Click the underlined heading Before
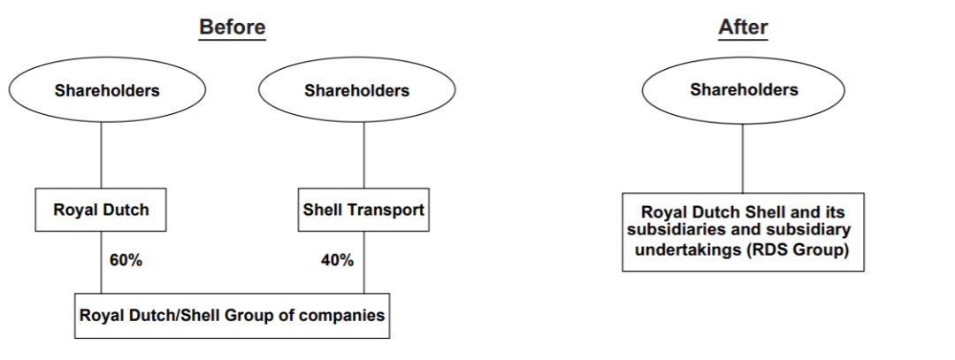[232, 27]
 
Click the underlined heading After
[743, 27]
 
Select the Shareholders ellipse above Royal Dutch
[107, 90]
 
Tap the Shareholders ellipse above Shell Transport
[356, 90]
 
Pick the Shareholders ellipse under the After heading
[744, 89]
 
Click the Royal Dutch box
[101, 211]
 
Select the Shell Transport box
[363, 211]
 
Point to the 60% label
[126, 260]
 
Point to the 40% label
[337, 260]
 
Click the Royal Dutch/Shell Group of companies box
[233, 315]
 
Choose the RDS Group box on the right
[743, 231]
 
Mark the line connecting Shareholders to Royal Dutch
[101, 155]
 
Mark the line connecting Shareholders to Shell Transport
[363, 155]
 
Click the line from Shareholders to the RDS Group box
[743, 157]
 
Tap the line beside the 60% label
[101, 262]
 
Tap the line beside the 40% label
[363, 262]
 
